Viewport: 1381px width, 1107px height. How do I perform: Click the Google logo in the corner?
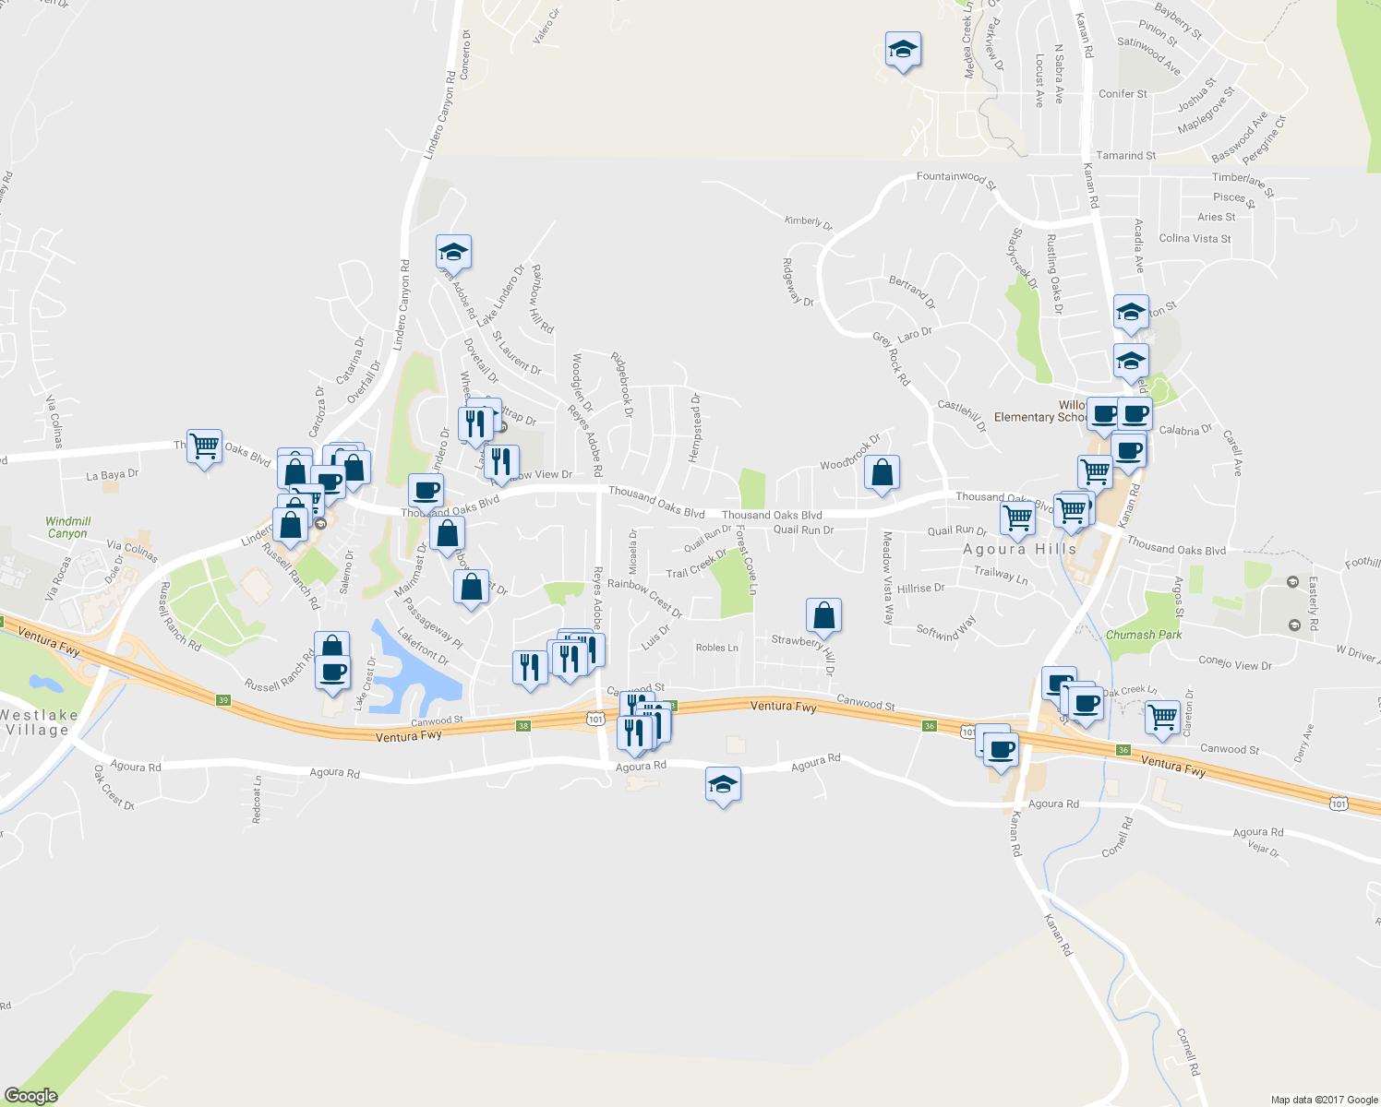click(x=31, y=1095)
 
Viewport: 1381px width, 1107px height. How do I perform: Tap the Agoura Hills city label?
click(x=1019, y=549)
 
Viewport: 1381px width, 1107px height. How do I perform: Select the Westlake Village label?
click(x=39, y=722)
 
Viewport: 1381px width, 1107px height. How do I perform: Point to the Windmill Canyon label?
click(x=68, y=528)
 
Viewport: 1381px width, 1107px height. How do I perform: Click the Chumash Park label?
click(x=1144, y=635)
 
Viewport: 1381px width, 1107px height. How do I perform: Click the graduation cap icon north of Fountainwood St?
click(x=903, y=50)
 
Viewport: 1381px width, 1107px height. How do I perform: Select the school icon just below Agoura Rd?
click(x=723, y=785)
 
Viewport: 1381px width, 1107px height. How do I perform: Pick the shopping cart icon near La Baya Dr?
click(x=204, y=446)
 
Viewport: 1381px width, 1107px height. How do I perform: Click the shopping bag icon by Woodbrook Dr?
click(x=882, y=473)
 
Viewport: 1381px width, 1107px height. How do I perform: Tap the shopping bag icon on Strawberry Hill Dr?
click(x=823, y=616)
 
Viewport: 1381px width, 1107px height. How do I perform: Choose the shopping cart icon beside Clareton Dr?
click(x=1162, y=717)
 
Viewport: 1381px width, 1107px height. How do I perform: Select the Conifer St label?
click(x=1123, y=94)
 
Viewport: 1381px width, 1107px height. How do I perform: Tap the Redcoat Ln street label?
click(x=258, y=799)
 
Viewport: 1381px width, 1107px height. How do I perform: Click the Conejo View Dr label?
click(x=1235, y=663)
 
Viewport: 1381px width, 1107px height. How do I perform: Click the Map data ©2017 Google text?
click(x=1324, y=1099)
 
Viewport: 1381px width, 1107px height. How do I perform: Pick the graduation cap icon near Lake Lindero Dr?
click(x=453, y=252)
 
